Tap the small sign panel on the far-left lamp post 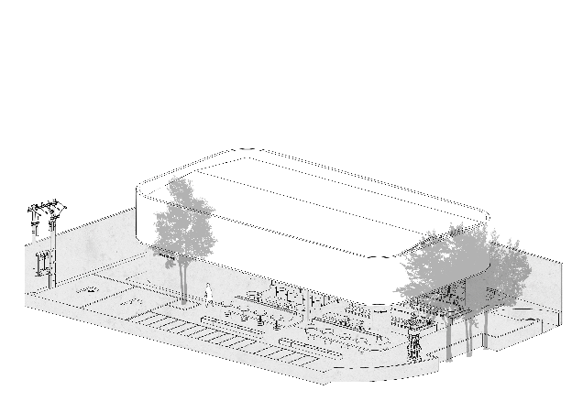[x=41, y=264]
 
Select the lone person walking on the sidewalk [x=208, y=294]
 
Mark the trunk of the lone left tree [x=185, y=279]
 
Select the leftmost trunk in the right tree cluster [x=449, y=334]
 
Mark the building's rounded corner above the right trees [x=477, y=224]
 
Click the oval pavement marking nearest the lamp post [x=90, y=289]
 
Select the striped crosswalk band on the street [x=211, y=336]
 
